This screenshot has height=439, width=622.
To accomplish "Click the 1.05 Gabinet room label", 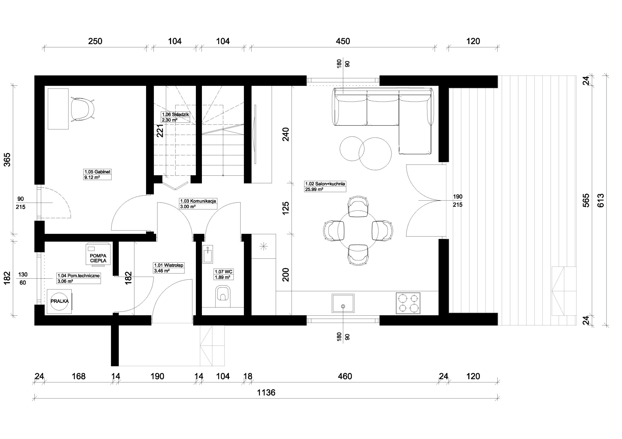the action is tap(97, 174).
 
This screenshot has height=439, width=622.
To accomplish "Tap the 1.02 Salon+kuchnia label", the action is tap(325, 186).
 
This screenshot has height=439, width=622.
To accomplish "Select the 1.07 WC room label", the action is tap(224, 274).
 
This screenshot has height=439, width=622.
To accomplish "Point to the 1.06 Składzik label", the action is tap(175, 117).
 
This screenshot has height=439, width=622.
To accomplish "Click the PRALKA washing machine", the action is tap(60, 301).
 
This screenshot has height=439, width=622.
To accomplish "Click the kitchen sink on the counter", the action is tap(343, 303).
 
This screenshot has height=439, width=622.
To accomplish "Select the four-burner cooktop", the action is tap(408, 303).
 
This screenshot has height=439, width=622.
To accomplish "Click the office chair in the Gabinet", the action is tap(82, 109).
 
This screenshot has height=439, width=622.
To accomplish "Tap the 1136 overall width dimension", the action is tap(266, 392).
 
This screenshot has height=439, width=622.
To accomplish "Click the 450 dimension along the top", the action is tap(343, 41).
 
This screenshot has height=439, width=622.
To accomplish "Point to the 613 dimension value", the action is tap(601, 200).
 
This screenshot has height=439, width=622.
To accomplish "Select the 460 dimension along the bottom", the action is tap(345, 376).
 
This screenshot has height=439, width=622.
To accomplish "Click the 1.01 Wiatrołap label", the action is tap(169, 268).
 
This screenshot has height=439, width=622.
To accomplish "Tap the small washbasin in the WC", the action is tap(208, 254).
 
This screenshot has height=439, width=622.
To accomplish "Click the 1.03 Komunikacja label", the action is tap(198, 204).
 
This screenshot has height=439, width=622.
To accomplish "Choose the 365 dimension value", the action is tap(7, 160).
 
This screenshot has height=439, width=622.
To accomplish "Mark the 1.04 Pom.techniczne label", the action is tap(78, 278).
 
